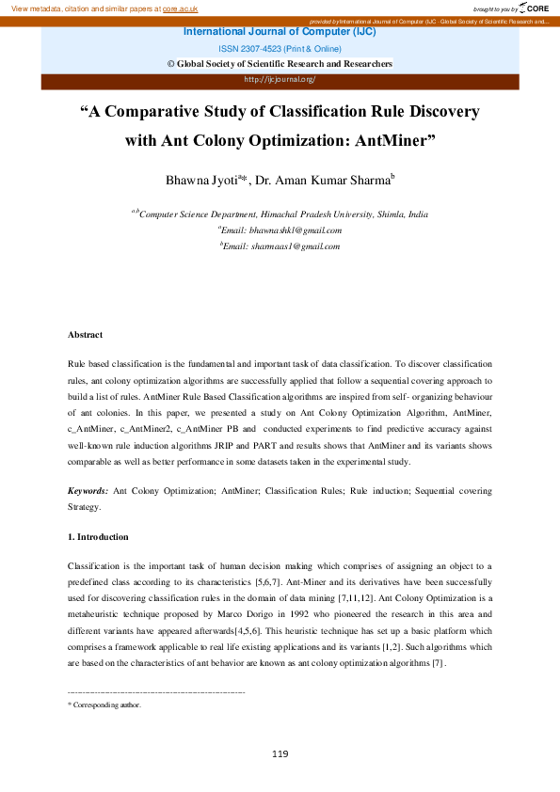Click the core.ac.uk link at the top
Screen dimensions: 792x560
(180, 8)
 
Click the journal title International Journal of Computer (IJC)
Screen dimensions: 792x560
(280, 31)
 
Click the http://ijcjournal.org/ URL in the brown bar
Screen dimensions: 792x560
(280, 80)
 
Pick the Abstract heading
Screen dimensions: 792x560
(86, 335)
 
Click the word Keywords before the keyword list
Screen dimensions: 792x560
(88, 491)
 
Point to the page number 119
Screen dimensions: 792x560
(280, 753)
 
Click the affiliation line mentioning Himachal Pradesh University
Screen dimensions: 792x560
(280, 214)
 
